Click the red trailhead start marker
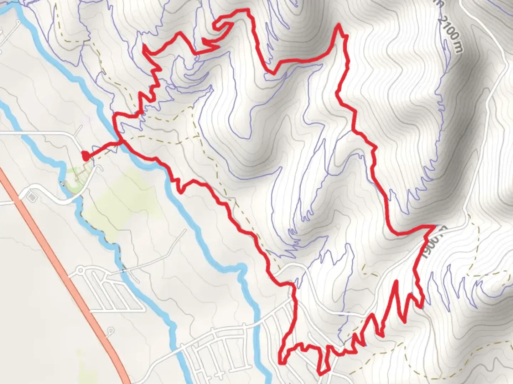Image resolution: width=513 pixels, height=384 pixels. (x=85, y=156)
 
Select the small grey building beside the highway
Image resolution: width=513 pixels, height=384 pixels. (x=31, y=197)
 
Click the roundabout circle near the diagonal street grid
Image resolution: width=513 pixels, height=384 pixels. (x=81, y=271)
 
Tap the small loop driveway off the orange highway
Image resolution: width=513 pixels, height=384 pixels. (x=110, y=331)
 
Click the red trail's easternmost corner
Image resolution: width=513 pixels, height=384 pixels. (x=435, y=226)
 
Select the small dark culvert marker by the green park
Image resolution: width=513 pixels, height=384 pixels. (x=63, y=183)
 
